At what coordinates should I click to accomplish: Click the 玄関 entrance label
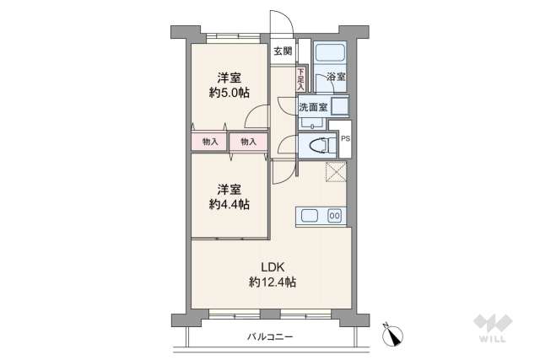(x=283, y=51)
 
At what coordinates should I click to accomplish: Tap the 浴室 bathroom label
(x=335, y=76)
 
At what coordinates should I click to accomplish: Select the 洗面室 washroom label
(x=311, y=107)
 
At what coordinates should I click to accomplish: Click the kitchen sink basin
(x=309, y=215)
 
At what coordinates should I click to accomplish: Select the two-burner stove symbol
(x=334, y=215)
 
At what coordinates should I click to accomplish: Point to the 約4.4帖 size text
(x=229, y=203)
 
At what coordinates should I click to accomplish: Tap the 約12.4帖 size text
(x=272, y=282)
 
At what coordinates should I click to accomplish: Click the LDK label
(x=272, y=267)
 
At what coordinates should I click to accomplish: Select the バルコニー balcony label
(x=270, y=337)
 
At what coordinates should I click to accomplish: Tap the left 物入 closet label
(x=209, y=142)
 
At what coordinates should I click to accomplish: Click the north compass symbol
(x=391, y=336)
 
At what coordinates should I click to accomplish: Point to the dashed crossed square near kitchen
(x=337, y=172)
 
